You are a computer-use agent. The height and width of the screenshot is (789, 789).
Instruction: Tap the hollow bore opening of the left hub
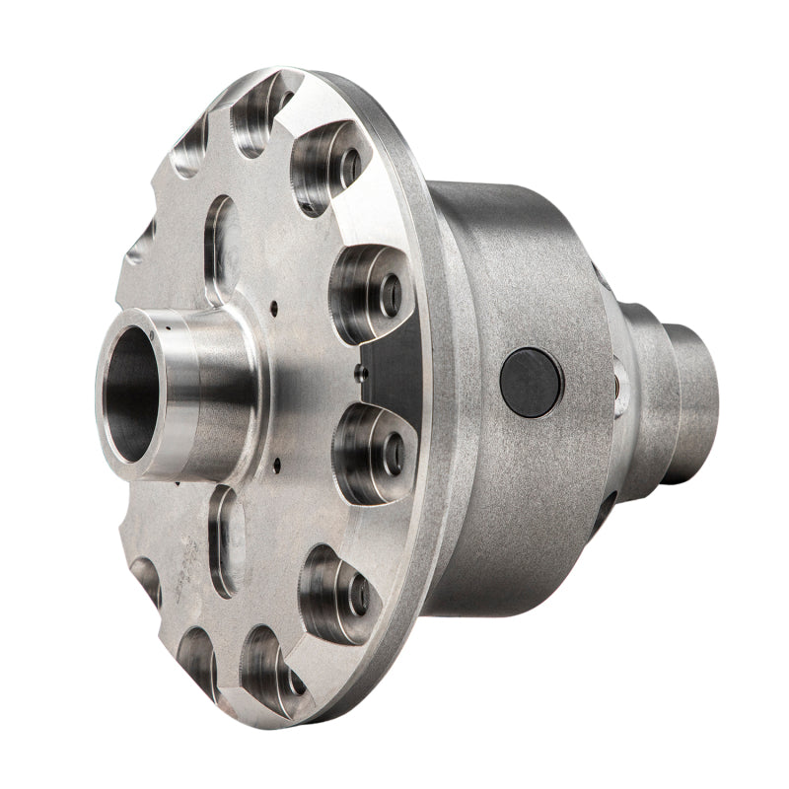click(131, 394)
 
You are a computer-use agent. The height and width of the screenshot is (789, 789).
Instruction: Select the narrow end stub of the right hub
click(695, 394)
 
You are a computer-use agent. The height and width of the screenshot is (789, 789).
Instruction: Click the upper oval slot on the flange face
click(223, 247)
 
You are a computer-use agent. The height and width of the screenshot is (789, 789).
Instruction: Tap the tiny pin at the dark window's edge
click(363, 372)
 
